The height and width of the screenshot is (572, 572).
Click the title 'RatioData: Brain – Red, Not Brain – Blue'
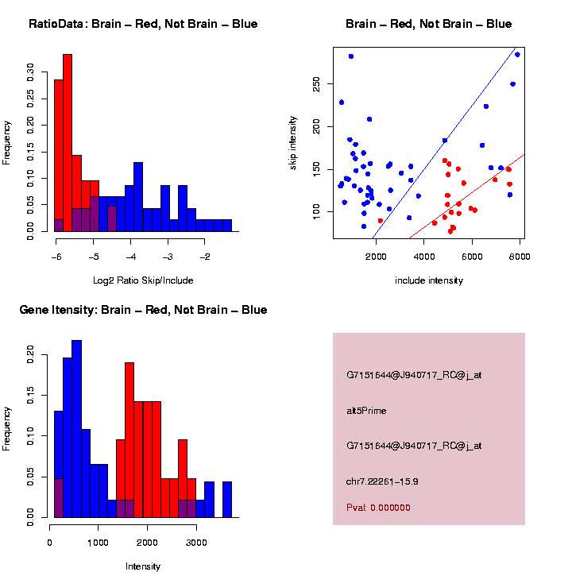click(x=143, y=24)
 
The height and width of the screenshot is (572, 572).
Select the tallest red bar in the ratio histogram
click(x=68, y=143)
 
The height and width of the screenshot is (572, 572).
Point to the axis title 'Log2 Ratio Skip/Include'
click(x=143, y=280)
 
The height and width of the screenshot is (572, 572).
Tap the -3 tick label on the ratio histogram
click(x=168, y=257)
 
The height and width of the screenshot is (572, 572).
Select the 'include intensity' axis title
click(x=429, y=280)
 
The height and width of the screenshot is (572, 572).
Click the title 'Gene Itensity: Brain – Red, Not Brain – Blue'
click(x=143, y=310)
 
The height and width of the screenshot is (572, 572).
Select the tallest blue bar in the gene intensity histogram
click(x=77, y=429)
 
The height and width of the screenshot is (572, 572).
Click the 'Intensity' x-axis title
click(x=143, y=566)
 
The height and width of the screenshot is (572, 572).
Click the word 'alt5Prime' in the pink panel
click(x=366, y=411)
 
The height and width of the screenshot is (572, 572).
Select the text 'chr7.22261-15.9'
click(x=382, y=481)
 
